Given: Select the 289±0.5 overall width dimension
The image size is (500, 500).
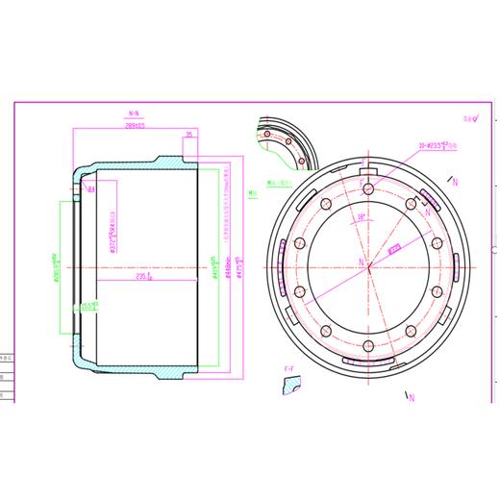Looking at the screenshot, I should coord(136,125).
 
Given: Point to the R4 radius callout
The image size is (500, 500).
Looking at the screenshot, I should coord(90,190).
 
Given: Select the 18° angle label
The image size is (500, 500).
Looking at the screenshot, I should coord(360,217).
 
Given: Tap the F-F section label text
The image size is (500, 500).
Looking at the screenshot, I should coord(287,368).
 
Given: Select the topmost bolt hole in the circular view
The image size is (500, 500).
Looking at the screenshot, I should coord(367,187).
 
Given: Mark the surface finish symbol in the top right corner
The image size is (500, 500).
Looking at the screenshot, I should coord(469,120).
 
